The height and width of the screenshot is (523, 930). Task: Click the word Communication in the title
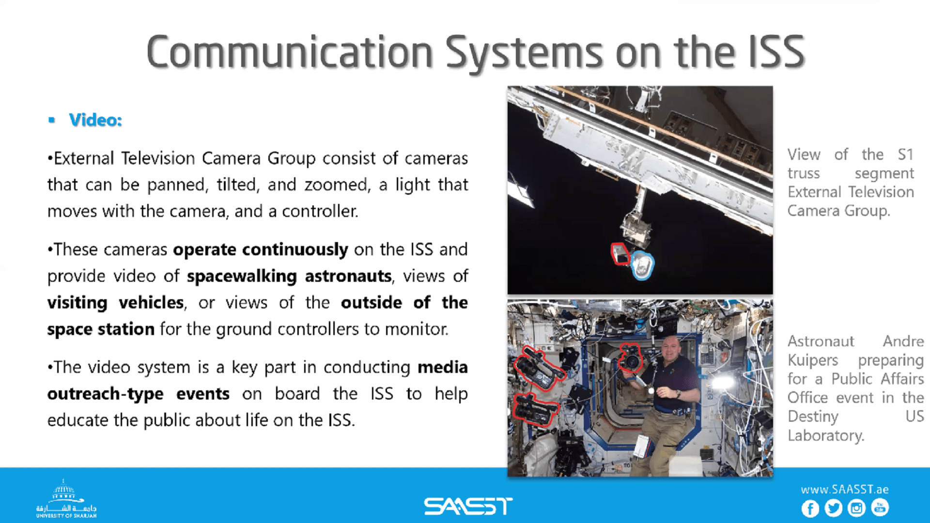pyautogui.click(x=290, y=52)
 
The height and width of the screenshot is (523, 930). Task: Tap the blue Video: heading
pyautogui.click(x=95, y=120)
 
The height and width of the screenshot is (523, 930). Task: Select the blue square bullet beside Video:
pyautogui.click(x=52, y=120)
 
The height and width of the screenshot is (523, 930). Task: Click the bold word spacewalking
pyautogui.click(x=241, y=277)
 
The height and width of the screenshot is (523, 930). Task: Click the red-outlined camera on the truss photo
pyautogui.click(x=620, y=254)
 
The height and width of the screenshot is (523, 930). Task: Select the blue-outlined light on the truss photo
pyautogui.click(x=642, y=265)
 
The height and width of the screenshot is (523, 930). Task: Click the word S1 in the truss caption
pyautogui.click(x=905, y=154)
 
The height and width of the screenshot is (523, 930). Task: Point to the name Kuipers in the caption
pyautogui.click(x=812, y=360)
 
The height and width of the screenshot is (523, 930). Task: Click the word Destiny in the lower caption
pyautogui.click(x=813, y=416)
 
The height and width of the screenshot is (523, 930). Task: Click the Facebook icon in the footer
pyautogui.click(x=810, y=508)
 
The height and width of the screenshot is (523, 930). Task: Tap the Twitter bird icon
pyautogui.click(x=834, y=508)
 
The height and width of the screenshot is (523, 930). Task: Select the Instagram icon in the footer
pyautogui.click(x=857, y=508)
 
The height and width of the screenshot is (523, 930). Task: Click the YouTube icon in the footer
pyautogui.click(x=880, y=508)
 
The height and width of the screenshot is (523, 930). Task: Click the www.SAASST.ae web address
pyautogui.click(x=844, y=489)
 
